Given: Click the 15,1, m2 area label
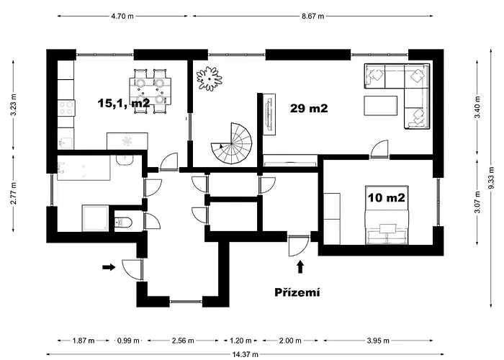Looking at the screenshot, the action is click(x=124, y=103).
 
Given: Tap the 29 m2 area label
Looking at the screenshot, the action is click(x=309, y=108).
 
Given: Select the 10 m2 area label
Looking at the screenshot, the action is click(x=387, y=198).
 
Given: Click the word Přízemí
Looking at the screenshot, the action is click(x=297, y=292).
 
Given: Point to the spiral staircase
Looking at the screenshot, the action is click(x=232, y=143).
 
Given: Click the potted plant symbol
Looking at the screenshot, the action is click(x=210, y=78).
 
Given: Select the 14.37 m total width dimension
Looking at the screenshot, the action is click(x=246, y=354).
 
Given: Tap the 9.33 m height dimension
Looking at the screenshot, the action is click(x=491, y=179).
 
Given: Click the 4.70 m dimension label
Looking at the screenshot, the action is click(x=122, y=16).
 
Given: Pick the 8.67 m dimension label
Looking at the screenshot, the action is click(x=312, y=16).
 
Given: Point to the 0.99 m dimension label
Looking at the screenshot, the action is click(x=128, y=341).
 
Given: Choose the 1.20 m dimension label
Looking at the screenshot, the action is click(x=240, y=341).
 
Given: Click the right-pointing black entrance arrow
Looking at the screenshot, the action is click(x=109, y=267).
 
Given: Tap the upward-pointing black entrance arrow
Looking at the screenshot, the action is click(x=300, y=267).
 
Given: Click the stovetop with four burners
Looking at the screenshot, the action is click(x=66, y=108).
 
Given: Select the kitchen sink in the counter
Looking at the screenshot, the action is click(x=66, y=143).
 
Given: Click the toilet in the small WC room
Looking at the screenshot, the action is click(x=123, y=222).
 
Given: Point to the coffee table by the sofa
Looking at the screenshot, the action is click(x=381, y=105).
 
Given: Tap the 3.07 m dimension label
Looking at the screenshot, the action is click(x=477, y=202).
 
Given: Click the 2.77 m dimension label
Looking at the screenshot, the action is click(x=13, y=193).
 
